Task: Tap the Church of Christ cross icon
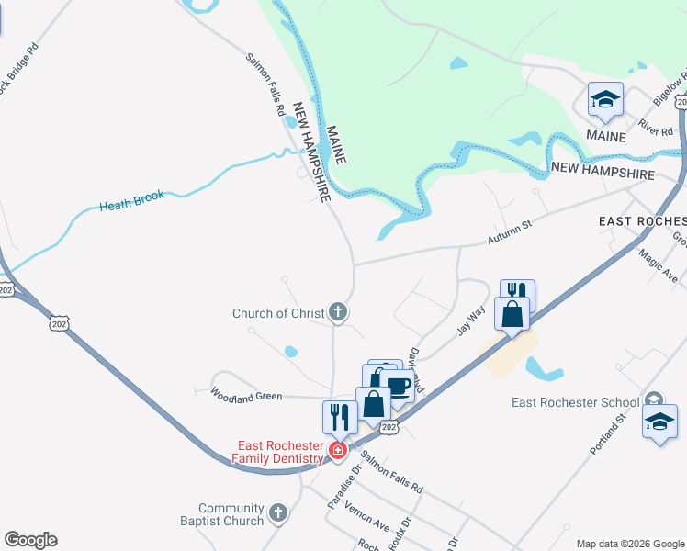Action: tap(338, 313)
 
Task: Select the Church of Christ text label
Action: tap(277, 313)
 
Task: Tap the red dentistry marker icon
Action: tap(338, 450)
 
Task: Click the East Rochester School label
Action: tap(575, 402)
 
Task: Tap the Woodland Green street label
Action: tap(245, 396)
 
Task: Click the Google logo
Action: tap(30, 540)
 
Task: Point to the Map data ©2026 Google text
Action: tap(630, 544)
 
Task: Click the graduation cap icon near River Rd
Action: tap(605, 99)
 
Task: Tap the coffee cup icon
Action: tap(398, 387)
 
